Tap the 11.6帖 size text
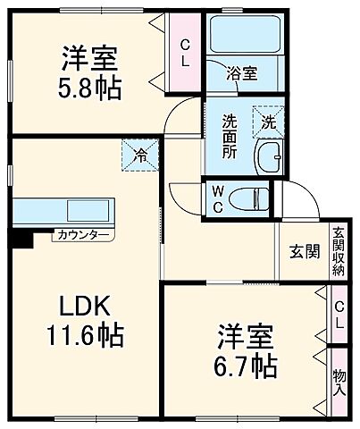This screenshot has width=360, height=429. [x=86, y=337]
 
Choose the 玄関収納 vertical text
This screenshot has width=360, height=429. [x=339, y=250]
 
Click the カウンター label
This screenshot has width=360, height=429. [x=83, y=235]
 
